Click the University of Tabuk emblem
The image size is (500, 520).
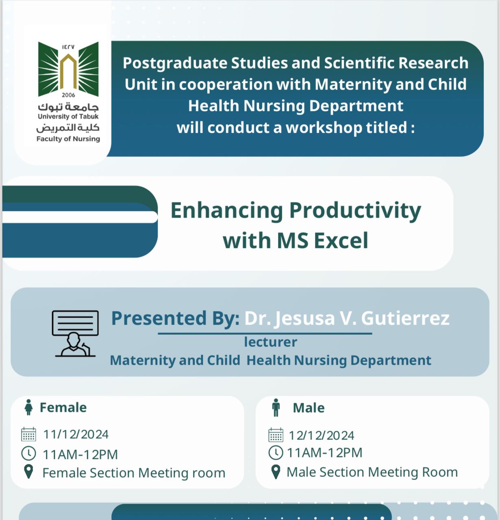click(x=68, y=69)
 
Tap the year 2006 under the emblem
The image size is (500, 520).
click(x=68, y=95)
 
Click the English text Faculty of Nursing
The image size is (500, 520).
click(x=68, y=139)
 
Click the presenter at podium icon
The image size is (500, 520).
click(x=75, y=333)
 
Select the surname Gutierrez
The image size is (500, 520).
click(x=405, y=318)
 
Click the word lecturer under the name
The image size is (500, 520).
click(x=270, y=342)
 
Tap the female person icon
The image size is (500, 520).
click(x=28, y=407)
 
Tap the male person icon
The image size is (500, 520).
click(x=276, y=407)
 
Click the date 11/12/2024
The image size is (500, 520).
click(x=76, y=434)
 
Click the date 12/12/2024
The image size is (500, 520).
click(x=322, y=435)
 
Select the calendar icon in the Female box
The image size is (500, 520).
click(x=28, y=434)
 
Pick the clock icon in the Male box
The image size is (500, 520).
click(x=276, y=453)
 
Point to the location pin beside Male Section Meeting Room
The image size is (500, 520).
click(x=276, y=472)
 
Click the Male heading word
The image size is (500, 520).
click(x=309, y=408)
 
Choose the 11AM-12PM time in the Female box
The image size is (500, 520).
click(x=80, y=455)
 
